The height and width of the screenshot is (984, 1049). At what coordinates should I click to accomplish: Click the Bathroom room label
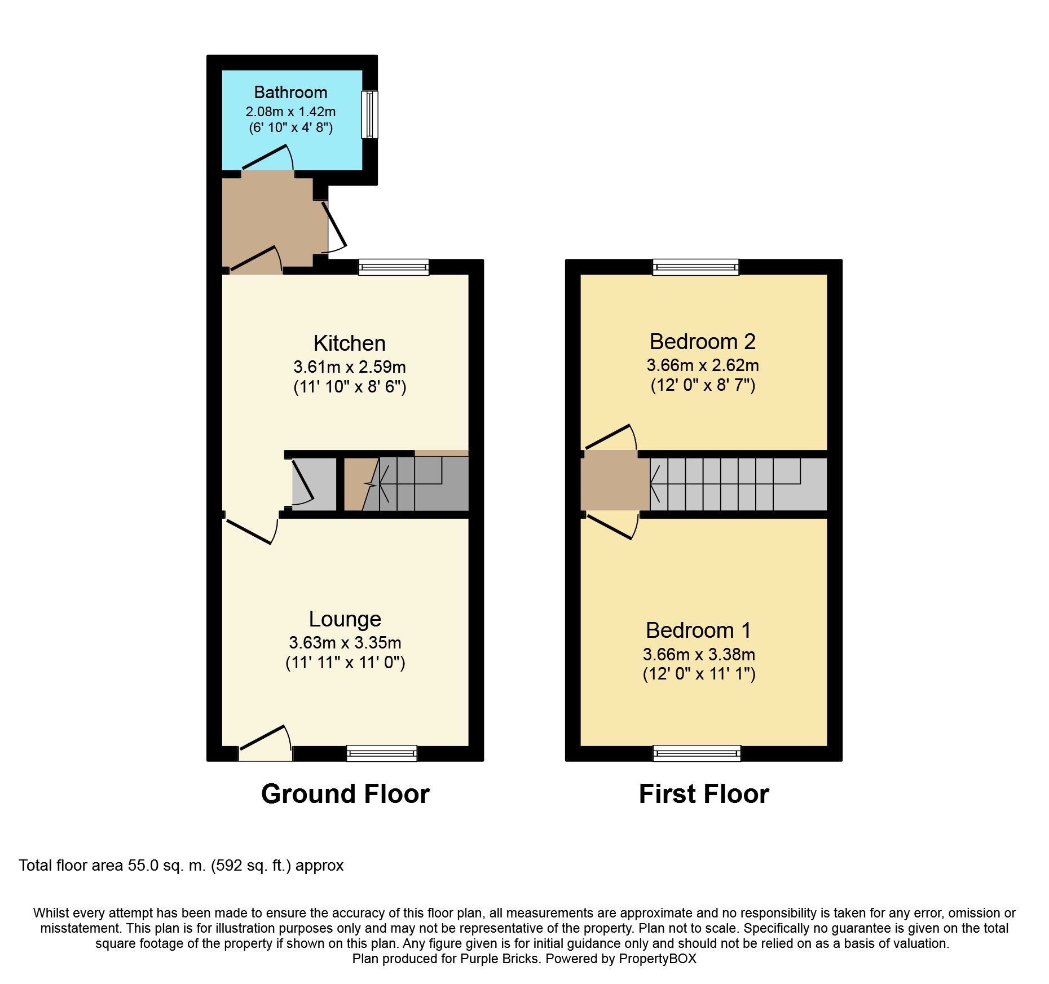[x=290, y=92]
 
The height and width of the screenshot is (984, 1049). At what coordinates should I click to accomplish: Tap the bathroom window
[x=369, y=114]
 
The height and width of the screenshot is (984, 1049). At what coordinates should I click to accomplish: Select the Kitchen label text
[x=349, y=343]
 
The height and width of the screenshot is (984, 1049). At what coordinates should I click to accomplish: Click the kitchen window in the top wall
[x=394, y=267]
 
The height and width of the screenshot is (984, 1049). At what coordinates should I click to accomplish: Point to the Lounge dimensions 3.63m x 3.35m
[x=345, y=642]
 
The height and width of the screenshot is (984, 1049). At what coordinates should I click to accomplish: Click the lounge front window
[x=382, y=753]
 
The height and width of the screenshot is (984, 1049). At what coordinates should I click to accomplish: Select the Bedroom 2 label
[x=702, y=342]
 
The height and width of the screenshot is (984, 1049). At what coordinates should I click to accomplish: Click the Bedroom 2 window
[x=695, y=267]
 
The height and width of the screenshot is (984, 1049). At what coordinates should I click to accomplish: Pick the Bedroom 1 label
[x=698, y=630]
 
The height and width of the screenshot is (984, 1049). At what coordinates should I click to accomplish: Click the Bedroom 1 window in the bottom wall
[x=697, y=753]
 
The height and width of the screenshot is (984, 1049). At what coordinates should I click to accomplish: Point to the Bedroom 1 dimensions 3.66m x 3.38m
[x=699, y=654]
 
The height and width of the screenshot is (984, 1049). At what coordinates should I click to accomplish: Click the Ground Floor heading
[x=345, y=794]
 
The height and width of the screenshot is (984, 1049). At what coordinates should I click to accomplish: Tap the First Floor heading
[x=704, y=794]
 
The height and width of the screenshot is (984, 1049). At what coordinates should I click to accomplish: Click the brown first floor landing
[x=615, y=480]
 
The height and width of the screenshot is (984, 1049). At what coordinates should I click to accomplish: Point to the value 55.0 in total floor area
[x=143, y=866]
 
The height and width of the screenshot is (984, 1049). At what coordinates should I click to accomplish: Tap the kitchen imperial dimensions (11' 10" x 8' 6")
[x=350, y=387]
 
